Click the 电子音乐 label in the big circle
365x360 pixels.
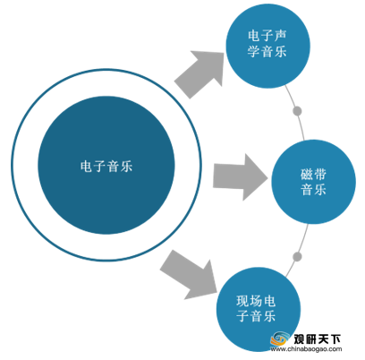(x=106, y=166)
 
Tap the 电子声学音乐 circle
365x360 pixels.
(x=267, y=46)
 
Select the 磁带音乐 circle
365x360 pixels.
(x=313, y=182)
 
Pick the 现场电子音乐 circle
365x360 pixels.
(x=259, y=309)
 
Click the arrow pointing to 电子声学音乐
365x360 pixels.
(x=200, y=73)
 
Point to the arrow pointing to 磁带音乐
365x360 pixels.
(x=241, y=177)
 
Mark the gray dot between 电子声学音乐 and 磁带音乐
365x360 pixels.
(x=297, y=111)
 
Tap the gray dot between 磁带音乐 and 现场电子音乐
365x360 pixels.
(x=297, y=257)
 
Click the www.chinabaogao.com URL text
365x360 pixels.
(x=306, y=349)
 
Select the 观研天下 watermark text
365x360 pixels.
(x=317, y=339)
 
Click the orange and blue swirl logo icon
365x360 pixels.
(x=280, y=339)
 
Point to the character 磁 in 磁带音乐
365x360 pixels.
(x=306, y=175)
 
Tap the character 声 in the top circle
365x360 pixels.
(x=280, y=36)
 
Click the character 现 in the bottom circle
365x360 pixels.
(x=242, y=301)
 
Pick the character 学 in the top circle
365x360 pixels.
(x=253, y=51)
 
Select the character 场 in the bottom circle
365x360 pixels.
(x=256, y=301)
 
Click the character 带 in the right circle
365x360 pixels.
(x=320, y=175)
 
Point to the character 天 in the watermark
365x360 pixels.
(x=323, y=339)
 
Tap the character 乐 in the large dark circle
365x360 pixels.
(x=126, y=166)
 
